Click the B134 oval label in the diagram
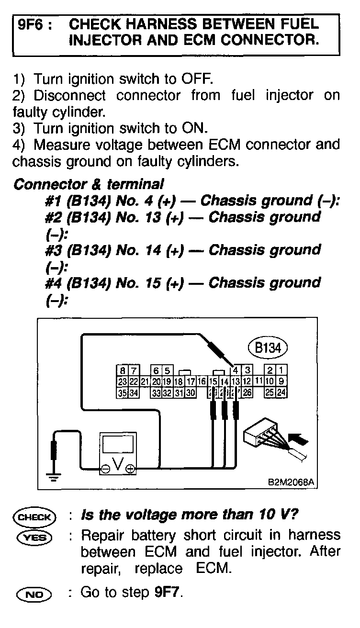[x=267, y=348]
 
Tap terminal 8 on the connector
[x=123, y=370]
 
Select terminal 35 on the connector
[x=123, y=393]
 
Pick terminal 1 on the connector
[x=282, y=370]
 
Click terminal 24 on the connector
[x=282, y=393]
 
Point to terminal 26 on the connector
[x=247, y=393]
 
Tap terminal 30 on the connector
[x=191, y=393]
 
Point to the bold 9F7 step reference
[x=167, y=593]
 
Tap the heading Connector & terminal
[x=89, y=184]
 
